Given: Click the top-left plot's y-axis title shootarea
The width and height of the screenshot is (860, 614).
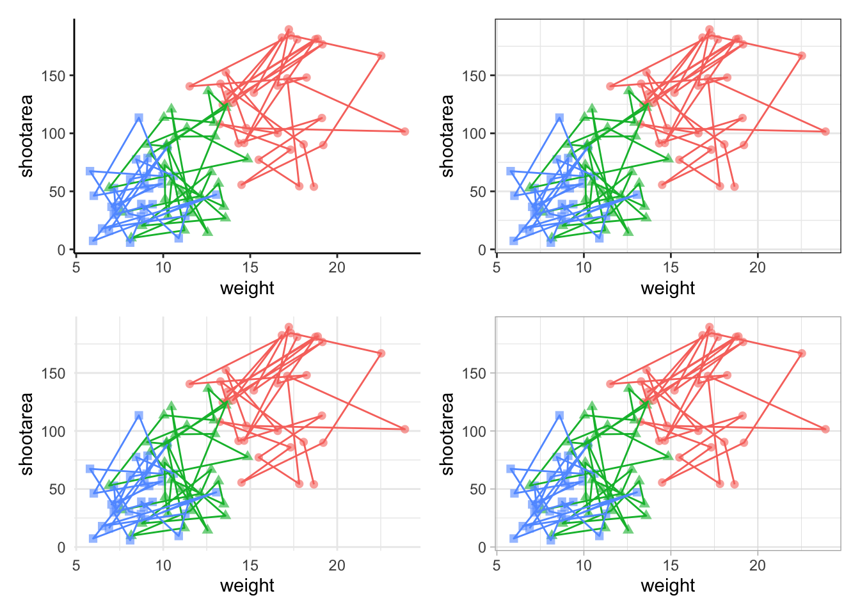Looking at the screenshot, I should pyautogui.click(x=26, y=136).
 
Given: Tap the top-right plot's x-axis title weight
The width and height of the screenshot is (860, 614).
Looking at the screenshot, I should pyautogui.click(x=667, y=288).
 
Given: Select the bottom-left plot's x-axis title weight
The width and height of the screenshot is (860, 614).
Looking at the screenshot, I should pyautogui.click(x=247, y=585).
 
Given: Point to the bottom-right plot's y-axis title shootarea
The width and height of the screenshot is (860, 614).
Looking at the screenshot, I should pyautogui.click(x=447, y=434).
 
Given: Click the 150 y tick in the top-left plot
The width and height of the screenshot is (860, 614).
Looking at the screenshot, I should pyautogui.click(x=53, y=75).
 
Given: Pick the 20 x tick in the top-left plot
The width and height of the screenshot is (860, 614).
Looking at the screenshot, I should pyautogui.click(x=337, y=267).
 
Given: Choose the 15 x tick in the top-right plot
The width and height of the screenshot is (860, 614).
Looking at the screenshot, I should pyautogui.click(x=671, y=267).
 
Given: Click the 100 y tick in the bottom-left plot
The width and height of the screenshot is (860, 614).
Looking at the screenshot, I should pyautogui.click(x=53, y=431).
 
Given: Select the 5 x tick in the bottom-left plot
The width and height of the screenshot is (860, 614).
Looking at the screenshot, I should pyautogui.click(x=76, y=565).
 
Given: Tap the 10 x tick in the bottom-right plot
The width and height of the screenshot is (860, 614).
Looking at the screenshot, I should pyautogui.click(x=584, y=565).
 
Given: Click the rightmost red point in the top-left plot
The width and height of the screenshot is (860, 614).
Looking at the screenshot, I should pyautogui.click(x=405, y=132).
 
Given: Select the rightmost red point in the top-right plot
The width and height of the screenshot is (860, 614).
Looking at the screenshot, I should pyautogui.click(x=825, y=132).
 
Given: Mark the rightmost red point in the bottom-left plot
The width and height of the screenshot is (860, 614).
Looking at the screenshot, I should pyautogui.click(x=405, y=429).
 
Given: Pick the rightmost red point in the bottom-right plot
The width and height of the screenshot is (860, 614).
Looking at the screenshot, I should pyautogui.click(x=825, y=429).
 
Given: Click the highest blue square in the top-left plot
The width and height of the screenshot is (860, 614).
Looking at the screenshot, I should pyautogui.click(x=139, y=118).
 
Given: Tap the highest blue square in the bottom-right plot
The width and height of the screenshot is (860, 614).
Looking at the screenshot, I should pyautogui.click(x=559, y=415).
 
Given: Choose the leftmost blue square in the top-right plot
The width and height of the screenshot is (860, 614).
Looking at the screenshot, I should pyautogui.click(x=511, y=171).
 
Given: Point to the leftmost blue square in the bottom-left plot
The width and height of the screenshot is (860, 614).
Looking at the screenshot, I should pyautogui.click(x=90, y=469).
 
